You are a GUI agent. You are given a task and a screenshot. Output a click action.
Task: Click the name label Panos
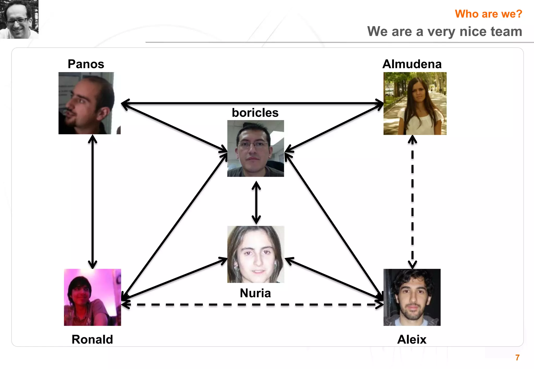point(86,64)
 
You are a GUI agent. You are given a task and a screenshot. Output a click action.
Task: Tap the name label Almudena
point(412,64)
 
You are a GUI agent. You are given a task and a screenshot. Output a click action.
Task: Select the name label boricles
point(255,113)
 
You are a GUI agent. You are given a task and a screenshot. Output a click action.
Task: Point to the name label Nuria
point(255,293)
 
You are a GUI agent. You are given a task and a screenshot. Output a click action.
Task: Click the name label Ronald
point(92,339)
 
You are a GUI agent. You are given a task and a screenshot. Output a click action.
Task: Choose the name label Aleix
point(412,339)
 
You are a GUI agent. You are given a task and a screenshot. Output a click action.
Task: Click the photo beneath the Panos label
point(89,103)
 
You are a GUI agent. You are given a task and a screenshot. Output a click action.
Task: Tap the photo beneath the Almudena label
point(415,104)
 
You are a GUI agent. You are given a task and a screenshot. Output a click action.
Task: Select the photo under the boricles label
point(256,148)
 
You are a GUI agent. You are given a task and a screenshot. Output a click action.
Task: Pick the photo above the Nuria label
point(256,254)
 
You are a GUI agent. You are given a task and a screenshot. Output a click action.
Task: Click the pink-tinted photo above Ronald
point(93,297)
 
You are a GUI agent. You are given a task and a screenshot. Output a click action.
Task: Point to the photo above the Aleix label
point(412,297)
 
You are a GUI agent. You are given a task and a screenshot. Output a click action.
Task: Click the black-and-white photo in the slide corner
point(19,19)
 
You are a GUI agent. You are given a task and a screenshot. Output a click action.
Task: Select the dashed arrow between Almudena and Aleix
point(412,202)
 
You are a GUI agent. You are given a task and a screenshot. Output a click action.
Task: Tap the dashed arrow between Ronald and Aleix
point(252,304)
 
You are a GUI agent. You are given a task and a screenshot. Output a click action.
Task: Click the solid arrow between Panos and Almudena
point(252,103)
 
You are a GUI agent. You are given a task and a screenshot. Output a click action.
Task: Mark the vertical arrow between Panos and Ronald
point(93,202)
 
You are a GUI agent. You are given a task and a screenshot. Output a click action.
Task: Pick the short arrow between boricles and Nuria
point(256,202)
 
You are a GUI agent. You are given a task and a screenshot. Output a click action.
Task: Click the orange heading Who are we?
point(488,14)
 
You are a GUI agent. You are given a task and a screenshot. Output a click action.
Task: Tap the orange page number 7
point(518,358)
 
